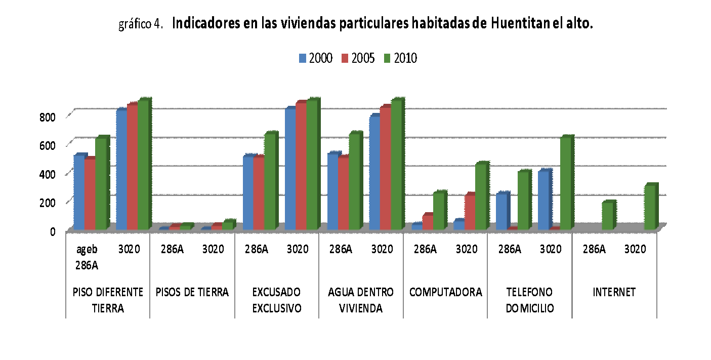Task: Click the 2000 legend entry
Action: [x=315, y=58]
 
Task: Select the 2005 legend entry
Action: [x=357, y=58]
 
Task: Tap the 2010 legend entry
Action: [x=400, y=58]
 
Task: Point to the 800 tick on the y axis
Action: [x=47, y=116]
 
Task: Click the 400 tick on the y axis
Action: [x=47, y=174]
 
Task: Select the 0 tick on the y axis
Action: [x=53, y=231]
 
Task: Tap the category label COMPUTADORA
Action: [x=445, y=292]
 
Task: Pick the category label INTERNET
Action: [x=614, y=292]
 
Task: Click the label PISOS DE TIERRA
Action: [x=192, y=292]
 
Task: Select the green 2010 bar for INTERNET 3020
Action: [x=650, y=208]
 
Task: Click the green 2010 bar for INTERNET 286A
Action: [x=607, y=216]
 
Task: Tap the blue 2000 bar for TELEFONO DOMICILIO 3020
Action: [x=543, y=201]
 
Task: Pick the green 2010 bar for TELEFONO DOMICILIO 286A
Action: [x=523, y=201]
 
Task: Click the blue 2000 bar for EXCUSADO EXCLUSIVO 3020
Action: [x=290, y=170]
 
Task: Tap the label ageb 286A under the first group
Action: [x=87, y=257]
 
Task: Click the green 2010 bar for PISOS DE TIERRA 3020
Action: [x=228, y=226]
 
